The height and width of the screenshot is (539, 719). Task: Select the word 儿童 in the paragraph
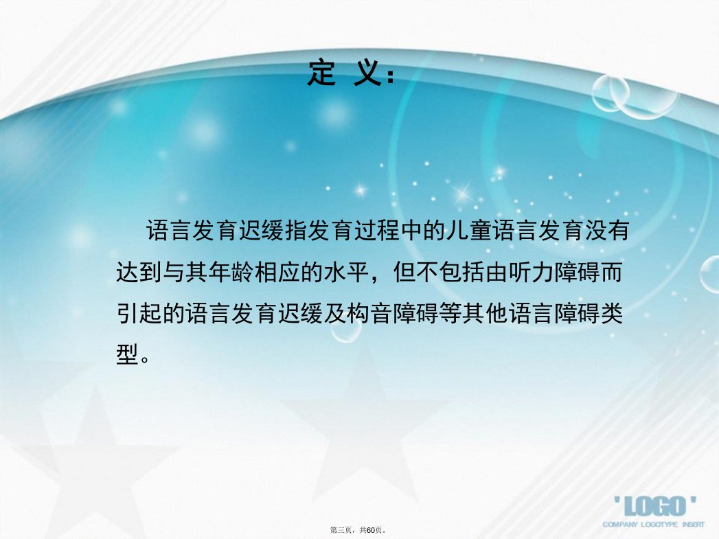pos(468,230)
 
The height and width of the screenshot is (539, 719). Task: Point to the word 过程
pos(377,230)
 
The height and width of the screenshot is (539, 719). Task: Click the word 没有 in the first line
pos(607,230)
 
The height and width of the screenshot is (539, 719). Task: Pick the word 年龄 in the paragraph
pos(231,273)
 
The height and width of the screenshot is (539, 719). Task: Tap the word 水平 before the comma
pos(346,273)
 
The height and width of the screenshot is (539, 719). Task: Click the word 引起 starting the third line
pos(139,314)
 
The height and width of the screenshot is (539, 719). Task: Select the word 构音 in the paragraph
pos(369,314)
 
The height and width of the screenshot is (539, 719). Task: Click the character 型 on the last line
pos(127,355)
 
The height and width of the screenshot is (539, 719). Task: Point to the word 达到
pos(139,273)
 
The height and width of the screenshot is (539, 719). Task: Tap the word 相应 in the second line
pos(277,273)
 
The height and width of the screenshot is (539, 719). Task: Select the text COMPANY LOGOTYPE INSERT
pos(654,525)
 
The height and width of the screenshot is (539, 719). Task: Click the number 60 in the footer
pos(371,530)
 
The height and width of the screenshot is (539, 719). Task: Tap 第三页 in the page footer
pos(341,530)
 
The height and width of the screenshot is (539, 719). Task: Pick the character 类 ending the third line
pos(611,314)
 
